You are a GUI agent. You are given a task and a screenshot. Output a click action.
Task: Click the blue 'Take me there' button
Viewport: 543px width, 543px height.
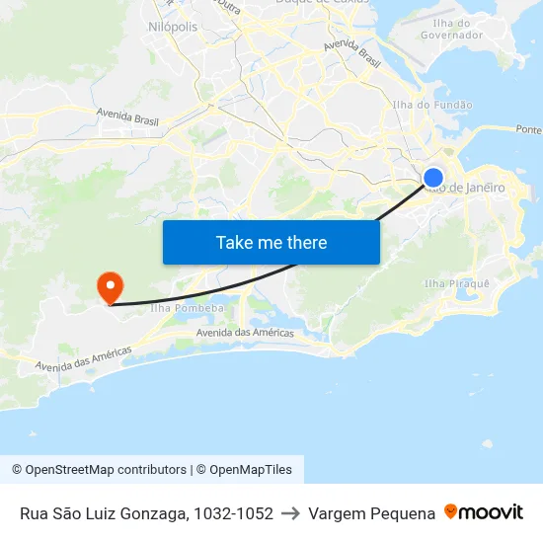click(271, 242)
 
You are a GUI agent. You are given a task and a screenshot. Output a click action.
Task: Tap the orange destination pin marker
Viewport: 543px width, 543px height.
click(109, 287)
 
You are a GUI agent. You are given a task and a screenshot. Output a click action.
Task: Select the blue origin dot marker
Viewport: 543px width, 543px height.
click(432, 178)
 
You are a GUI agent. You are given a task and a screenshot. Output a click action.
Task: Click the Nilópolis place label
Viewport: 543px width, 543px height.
click(174, 27)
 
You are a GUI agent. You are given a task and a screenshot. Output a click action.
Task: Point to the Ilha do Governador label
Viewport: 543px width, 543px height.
click(451, 29)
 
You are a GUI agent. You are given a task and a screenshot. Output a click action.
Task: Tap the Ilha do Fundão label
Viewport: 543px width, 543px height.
click(432, 105)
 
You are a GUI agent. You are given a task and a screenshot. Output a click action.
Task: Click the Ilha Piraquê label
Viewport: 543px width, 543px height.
click(456, 284)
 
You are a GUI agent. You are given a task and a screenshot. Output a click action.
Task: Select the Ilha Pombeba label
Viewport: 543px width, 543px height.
click(187, 308)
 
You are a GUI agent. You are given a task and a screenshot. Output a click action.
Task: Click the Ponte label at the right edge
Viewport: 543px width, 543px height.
click(529, 129)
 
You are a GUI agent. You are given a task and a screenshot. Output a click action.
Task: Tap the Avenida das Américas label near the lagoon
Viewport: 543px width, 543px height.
click(245, 333)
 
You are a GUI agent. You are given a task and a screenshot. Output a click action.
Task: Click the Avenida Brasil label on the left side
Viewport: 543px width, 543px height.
click(128, 118)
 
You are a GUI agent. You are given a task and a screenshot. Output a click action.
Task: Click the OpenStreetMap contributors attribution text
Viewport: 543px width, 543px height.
click(99, 470)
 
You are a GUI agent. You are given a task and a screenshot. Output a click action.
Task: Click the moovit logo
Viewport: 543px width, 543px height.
click(484, 512)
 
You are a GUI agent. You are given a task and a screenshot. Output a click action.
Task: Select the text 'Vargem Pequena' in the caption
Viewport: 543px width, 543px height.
click(371, 513)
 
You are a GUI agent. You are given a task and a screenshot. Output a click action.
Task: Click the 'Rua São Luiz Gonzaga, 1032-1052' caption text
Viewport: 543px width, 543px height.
click(146, 513)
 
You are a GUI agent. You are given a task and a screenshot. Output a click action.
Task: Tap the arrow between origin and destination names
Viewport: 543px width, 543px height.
click(290, 513)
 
